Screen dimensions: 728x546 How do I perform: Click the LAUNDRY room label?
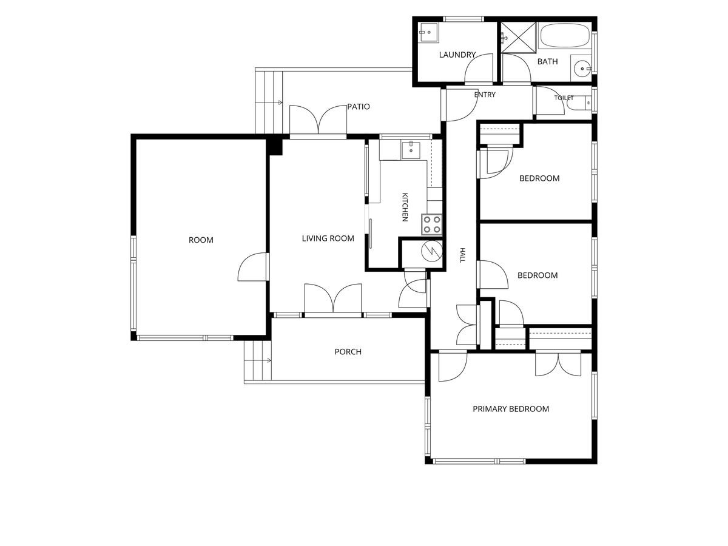point(457,55)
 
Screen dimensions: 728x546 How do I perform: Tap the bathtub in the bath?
point(564,35)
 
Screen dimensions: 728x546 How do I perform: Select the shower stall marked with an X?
point(518,38)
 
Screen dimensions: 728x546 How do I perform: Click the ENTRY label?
point(485,95)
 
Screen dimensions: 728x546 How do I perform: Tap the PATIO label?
point(358,107)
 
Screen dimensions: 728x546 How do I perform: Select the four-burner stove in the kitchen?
point(432,224)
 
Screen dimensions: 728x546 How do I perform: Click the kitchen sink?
point(411,151)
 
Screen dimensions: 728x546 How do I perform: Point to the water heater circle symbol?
point(432,251)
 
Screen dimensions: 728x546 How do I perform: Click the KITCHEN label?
point(405,207)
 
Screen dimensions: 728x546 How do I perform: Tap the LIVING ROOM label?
point(328,238)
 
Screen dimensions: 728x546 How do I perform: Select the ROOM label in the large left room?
point(201,240)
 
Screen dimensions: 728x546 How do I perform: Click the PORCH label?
point(348,352)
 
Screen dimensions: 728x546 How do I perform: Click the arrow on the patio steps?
point(269,103)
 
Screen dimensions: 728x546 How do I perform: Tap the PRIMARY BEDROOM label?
point(511,409)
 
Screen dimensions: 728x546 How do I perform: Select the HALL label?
point(462,255)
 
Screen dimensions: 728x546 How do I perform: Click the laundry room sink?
point(428,33)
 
